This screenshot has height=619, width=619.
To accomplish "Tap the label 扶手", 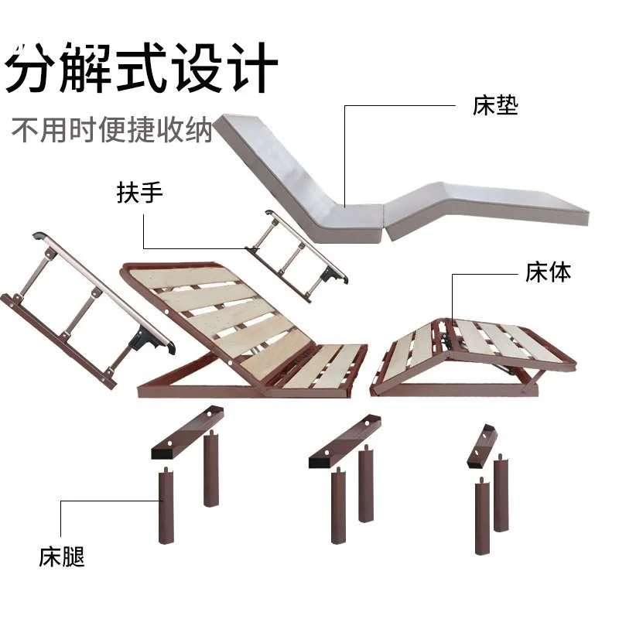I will click(140, 192).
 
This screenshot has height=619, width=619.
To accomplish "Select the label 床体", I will click(548, 272).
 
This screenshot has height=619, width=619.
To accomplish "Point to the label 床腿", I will click(62, 556).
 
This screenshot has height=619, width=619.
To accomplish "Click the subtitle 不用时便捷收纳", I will click(111, 128).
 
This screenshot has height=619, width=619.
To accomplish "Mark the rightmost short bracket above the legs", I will click(483, 446).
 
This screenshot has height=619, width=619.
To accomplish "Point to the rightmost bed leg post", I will click(501, 495).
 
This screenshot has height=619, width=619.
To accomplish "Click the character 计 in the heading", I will click(251, 67).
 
